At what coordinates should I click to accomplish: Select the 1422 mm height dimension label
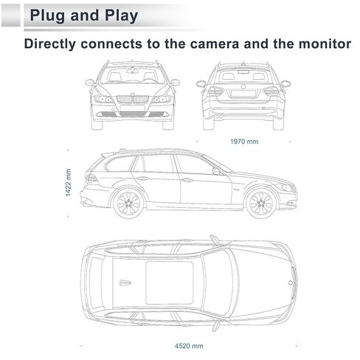tap(68, 181)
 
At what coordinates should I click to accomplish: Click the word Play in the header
tap(113, 15)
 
